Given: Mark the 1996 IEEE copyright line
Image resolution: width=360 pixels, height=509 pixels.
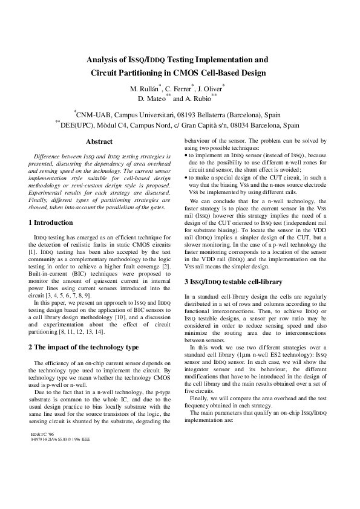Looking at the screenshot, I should [x=60, y=439].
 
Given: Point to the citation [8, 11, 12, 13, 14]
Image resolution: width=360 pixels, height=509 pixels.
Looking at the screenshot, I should [x=83, y=332].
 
